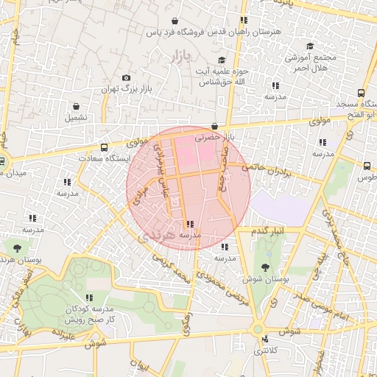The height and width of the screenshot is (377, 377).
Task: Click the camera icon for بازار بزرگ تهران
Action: tap(126, 78)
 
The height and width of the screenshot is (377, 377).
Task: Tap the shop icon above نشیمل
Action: tap(76, 106)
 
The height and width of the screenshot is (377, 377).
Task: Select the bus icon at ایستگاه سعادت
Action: tap(104, 147)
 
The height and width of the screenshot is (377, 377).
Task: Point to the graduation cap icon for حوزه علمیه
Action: tap(222, 60)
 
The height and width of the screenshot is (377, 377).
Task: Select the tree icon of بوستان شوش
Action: tap(264, 267)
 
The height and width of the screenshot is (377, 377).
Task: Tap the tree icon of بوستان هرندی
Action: tap(17, 248)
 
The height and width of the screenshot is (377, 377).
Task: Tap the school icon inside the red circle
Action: tap(190, 224)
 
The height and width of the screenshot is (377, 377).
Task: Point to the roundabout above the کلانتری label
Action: tap(258, 330)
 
